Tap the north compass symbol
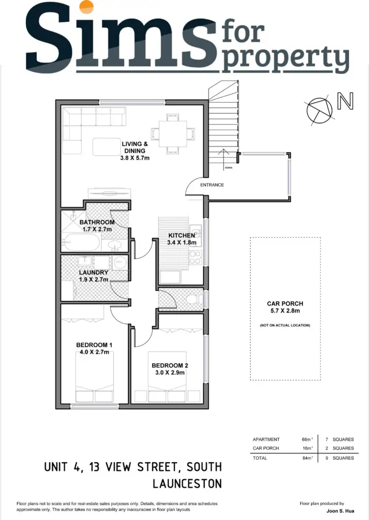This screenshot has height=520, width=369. (x=319, y=109)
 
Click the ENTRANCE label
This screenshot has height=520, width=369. (x=212, y=185)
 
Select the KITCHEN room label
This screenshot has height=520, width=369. (x=182, y=235)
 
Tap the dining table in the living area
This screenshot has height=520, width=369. (x=172, y=132)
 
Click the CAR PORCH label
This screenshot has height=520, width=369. (x=285, y=304)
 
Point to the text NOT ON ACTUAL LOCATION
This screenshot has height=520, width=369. (x=285, y=325)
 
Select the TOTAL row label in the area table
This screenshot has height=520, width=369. (x=260, y=458)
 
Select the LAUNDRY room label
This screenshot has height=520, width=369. (x=93, y=272)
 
